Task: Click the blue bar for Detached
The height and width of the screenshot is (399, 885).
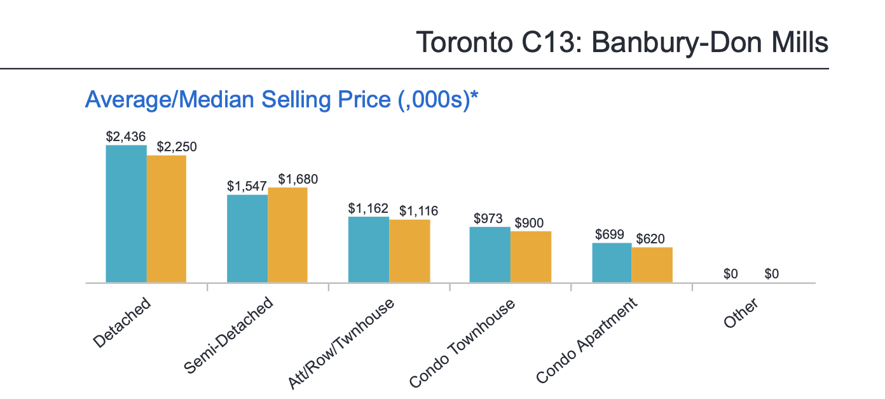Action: point(126,213)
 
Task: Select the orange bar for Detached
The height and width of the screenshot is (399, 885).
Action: point(167,219)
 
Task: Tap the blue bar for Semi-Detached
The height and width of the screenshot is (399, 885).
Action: point(247,238)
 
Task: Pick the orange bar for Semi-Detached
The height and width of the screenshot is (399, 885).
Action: point(287,234)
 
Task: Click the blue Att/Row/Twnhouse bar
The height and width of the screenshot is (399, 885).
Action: point(369,249)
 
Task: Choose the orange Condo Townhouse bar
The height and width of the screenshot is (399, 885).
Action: point(531,257)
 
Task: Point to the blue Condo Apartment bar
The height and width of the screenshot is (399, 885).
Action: point(612,262)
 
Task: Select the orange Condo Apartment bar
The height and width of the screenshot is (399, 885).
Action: point(652,264)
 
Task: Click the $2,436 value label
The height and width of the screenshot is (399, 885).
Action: point(126,137)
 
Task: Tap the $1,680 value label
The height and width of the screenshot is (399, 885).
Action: point(298,179)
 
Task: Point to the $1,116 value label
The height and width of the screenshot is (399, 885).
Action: point(418,211)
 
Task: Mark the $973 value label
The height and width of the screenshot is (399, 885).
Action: point(488,219)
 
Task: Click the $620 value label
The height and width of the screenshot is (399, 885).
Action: point(651,239)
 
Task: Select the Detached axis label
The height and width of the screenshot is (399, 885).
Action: point(122,322)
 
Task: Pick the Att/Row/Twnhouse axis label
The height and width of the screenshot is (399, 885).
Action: point(341,343)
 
